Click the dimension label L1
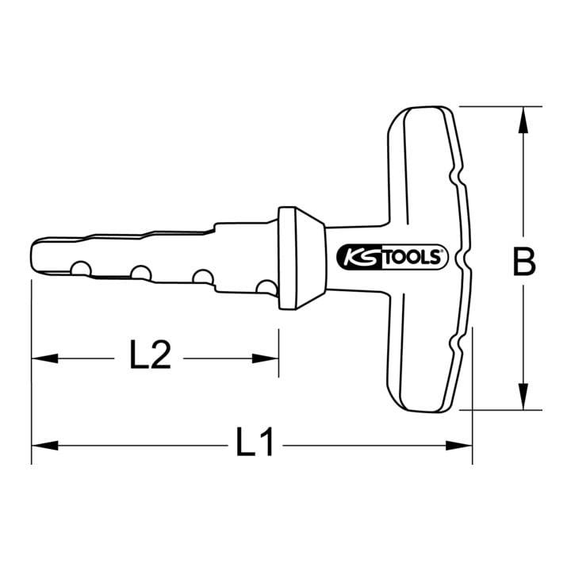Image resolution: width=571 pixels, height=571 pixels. (255, 442)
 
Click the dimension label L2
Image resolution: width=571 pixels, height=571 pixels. (150, 354)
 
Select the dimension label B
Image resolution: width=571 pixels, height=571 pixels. (523, 261)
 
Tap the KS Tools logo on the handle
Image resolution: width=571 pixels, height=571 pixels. (392, 257)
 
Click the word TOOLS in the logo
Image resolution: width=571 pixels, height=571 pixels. (413, 258)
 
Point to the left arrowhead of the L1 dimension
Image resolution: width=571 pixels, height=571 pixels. (44, 445)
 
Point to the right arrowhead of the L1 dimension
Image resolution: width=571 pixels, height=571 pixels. (459, 445)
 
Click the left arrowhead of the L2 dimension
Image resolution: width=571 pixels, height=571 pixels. (44, 358)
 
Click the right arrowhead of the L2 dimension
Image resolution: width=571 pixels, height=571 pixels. (266, 358)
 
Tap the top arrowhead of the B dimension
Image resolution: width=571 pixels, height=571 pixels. (523, 120)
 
